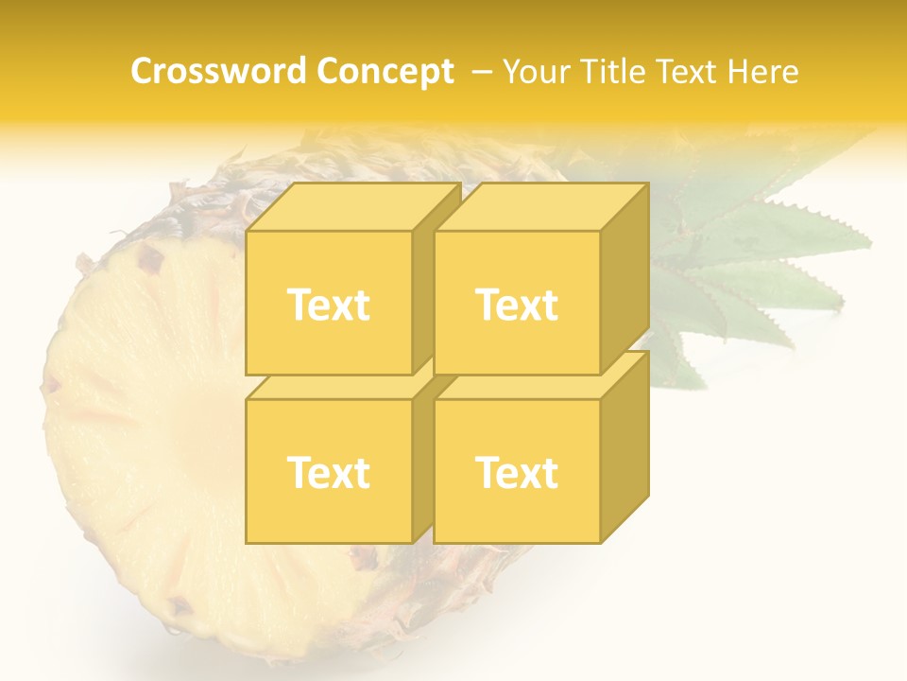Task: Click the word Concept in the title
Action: coord(384,72)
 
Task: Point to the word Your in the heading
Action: coord(537,72)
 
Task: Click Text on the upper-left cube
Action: coord(328,305)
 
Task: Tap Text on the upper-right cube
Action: coord(517,305)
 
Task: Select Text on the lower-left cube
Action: coord(328,472)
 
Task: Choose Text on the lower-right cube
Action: coord(517,472)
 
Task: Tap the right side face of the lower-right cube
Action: coord(625,449)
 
